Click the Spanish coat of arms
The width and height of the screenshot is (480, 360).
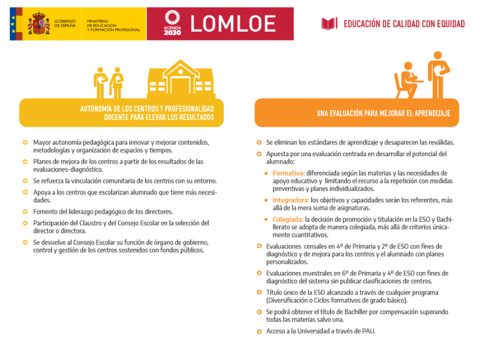pos(39,23)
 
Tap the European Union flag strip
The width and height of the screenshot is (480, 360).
pos(13,23)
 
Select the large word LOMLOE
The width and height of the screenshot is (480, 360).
pos(233,23)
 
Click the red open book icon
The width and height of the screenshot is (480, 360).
pos(329,24)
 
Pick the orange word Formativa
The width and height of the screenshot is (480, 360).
pos(288,173)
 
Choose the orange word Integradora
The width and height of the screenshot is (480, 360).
pos(291,200)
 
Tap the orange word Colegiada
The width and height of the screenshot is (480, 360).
pos(288,219)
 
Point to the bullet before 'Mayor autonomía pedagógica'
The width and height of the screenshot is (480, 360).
pos(25,143)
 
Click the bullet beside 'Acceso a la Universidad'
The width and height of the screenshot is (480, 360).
pos(259,332)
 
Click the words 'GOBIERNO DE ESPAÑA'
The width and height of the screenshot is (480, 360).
pos(65,23)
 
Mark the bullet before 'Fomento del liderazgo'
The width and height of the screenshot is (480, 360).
pos(25,212)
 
